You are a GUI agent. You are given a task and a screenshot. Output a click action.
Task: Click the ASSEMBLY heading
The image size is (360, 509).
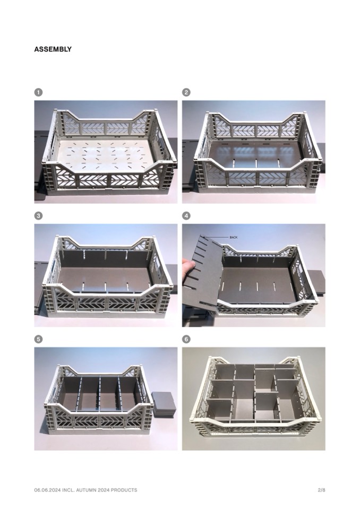click(x=53, y=49)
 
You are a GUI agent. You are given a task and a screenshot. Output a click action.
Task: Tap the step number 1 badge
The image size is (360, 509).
click(x=38, y=92)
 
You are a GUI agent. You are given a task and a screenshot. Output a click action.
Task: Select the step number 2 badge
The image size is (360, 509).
click(x=186, y=92)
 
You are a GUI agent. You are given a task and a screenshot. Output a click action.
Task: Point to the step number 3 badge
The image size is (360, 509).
click(x=38, y=216)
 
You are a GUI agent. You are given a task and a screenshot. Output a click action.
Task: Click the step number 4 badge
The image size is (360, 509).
click(x=186, y=216)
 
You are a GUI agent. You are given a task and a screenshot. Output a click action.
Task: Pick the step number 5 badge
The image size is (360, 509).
click(x=38, y=339)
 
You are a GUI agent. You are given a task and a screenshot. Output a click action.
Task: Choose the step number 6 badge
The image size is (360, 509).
click(x=186, y=339)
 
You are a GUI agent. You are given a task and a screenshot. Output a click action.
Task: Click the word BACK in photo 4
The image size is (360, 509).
click(x=234, y=237)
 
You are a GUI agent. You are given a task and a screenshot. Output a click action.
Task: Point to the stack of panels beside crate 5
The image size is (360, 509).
click(x=164, y=403)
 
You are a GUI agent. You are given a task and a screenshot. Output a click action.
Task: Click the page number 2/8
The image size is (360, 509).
click(x=321, y=490)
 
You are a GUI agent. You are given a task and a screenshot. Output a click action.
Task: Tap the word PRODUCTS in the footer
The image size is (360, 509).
click(x=124, y=490)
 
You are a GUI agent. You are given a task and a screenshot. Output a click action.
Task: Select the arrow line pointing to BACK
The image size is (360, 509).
click(x=217, y=237)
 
